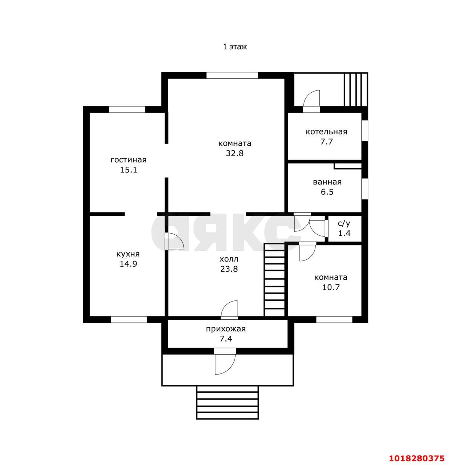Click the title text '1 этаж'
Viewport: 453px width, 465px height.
(x=235, y=47)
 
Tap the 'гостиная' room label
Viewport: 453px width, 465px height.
(x=128, y=159)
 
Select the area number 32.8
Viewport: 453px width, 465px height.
(x=235, y=153)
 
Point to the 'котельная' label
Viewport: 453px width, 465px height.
(x=326, y=132)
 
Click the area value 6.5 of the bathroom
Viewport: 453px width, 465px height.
(x=327, y=192)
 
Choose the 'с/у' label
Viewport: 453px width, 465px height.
(x=344, y=223)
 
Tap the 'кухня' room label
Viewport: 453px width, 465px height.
(x=128, y=254)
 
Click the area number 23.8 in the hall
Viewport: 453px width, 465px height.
(x=229, y=269)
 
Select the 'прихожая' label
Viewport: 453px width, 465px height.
(x=226, y=329)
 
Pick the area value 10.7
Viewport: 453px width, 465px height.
(x=331, y=287)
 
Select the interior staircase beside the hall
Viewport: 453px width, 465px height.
(x=274, y=280)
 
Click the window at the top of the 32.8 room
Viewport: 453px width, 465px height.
(x=232, y=75)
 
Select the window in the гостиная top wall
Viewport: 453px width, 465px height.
(x=127, y=109)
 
